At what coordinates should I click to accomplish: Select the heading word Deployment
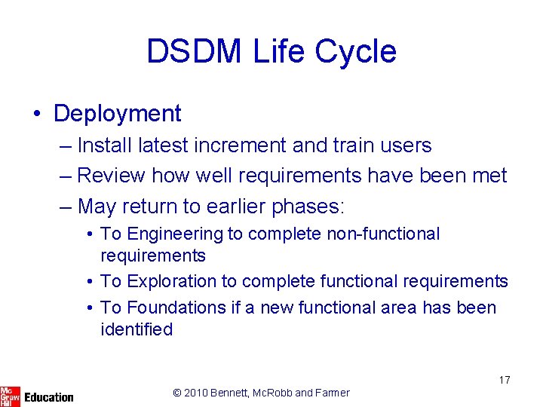coord(118,113)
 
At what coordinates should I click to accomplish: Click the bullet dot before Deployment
coord(37,114)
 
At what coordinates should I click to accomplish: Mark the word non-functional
coord(382,234)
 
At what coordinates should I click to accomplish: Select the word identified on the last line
coord(137,329)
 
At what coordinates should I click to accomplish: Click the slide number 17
coord(504,380)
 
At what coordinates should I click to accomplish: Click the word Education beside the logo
coord(49,396)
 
